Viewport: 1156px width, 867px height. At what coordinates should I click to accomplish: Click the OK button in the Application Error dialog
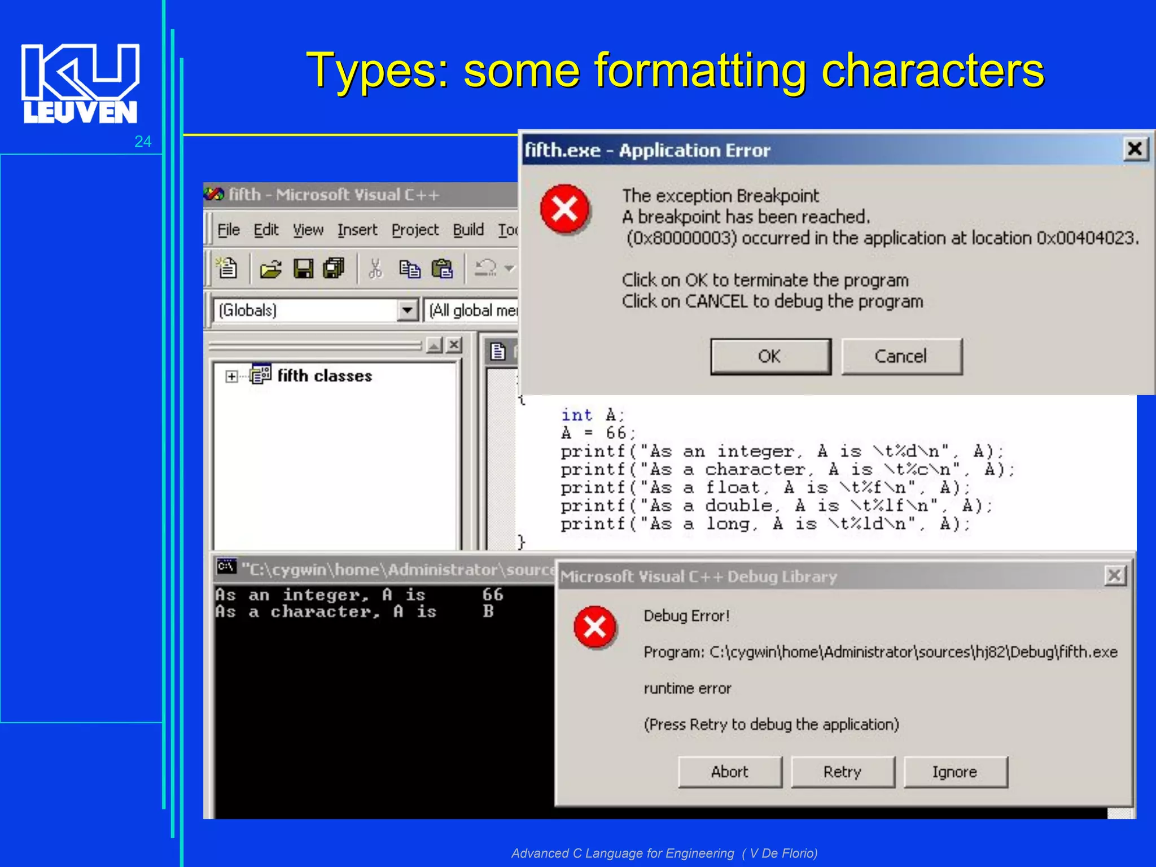770,356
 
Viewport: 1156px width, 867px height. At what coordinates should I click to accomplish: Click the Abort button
730,772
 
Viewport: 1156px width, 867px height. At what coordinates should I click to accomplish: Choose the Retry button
842,772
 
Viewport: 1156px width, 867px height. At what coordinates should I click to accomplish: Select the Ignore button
955,772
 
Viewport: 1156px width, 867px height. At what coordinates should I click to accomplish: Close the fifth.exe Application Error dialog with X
1135,150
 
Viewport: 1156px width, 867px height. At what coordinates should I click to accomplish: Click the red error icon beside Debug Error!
595,627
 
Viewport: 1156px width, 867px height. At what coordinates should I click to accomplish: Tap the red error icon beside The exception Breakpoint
564,209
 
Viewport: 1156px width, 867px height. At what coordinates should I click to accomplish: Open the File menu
229,230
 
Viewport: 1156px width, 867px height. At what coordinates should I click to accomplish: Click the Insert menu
357,230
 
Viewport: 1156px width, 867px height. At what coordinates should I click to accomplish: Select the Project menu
415,230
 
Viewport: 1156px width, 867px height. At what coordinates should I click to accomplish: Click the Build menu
468,230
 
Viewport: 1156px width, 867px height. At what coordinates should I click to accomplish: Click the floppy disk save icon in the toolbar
303,269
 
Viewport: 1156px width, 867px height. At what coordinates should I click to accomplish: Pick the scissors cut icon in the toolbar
375,269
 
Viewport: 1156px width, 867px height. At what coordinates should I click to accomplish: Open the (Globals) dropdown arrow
407,310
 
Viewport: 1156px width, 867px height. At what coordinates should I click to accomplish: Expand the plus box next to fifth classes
231,376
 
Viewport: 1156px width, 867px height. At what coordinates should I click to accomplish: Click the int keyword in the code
576,415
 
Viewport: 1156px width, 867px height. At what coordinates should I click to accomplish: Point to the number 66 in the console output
492,594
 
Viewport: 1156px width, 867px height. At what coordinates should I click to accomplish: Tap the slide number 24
143,141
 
